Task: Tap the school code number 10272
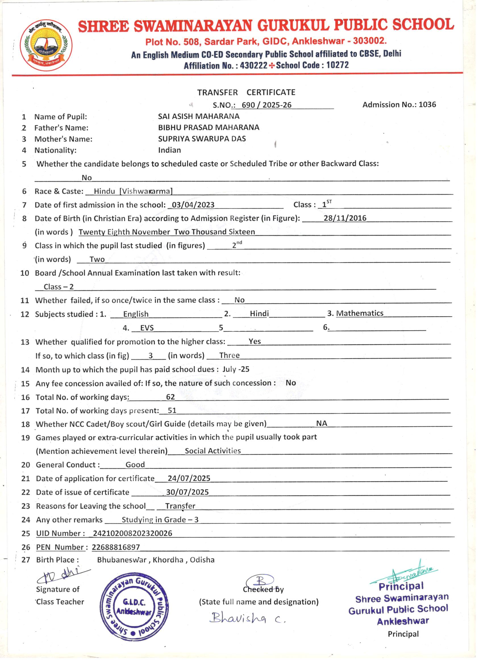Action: [338, 65]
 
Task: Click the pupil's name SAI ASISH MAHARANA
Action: [199, 116]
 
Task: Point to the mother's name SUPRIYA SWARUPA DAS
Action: [202, 139]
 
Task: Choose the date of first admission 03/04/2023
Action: [193, 205]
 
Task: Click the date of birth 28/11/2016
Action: [345, 218]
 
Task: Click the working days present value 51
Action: [172, 410]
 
